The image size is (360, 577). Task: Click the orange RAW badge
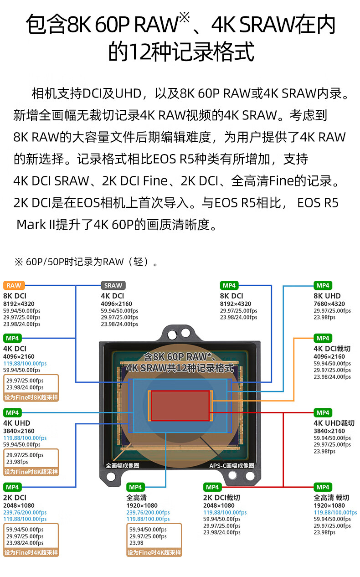[x=14, y=285]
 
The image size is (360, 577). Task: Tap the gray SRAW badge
[x=113, y=285]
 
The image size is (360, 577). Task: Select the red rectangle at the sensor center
[x=180, y=406]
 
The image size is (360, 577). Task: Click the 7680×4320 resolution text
[x=329, y=304]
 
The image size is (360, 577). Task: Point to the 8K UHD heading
[x=327, y=296]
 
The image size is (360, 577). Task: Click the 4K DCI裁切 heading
[x=332, y=349]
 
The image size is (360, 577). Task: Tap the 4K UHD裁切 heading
[x=334, y=423]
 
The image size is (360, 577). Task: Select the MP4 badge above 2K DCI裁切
[x=212, y=487]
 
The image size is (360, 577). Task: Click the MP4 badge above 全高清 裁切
[x=323, y=487]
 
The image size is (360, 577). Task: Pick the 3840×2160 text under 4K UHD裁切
[x=329, y=431]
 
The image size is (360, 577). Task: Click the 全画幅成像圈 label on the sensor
[x=123, y=465]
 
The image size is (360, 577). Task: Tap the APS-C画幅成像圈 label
[x=232, y=466]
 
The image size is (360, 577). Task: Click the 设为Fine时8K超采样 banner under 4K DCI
[x=31, y=397]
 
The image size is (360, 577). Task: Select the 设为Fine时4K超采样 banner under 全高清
[x=154, y=552]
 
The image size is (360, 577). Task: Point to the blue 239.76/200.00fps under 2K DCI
[x=25, y=512]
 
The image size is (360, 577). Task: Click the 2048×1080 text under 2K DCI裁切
[x=219, y=505]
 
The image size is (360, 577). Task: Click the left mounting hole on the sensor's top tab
[x=172, y=335]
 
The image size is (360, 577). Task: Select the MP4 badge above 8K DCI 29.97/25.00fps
[x=229, y=285]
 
